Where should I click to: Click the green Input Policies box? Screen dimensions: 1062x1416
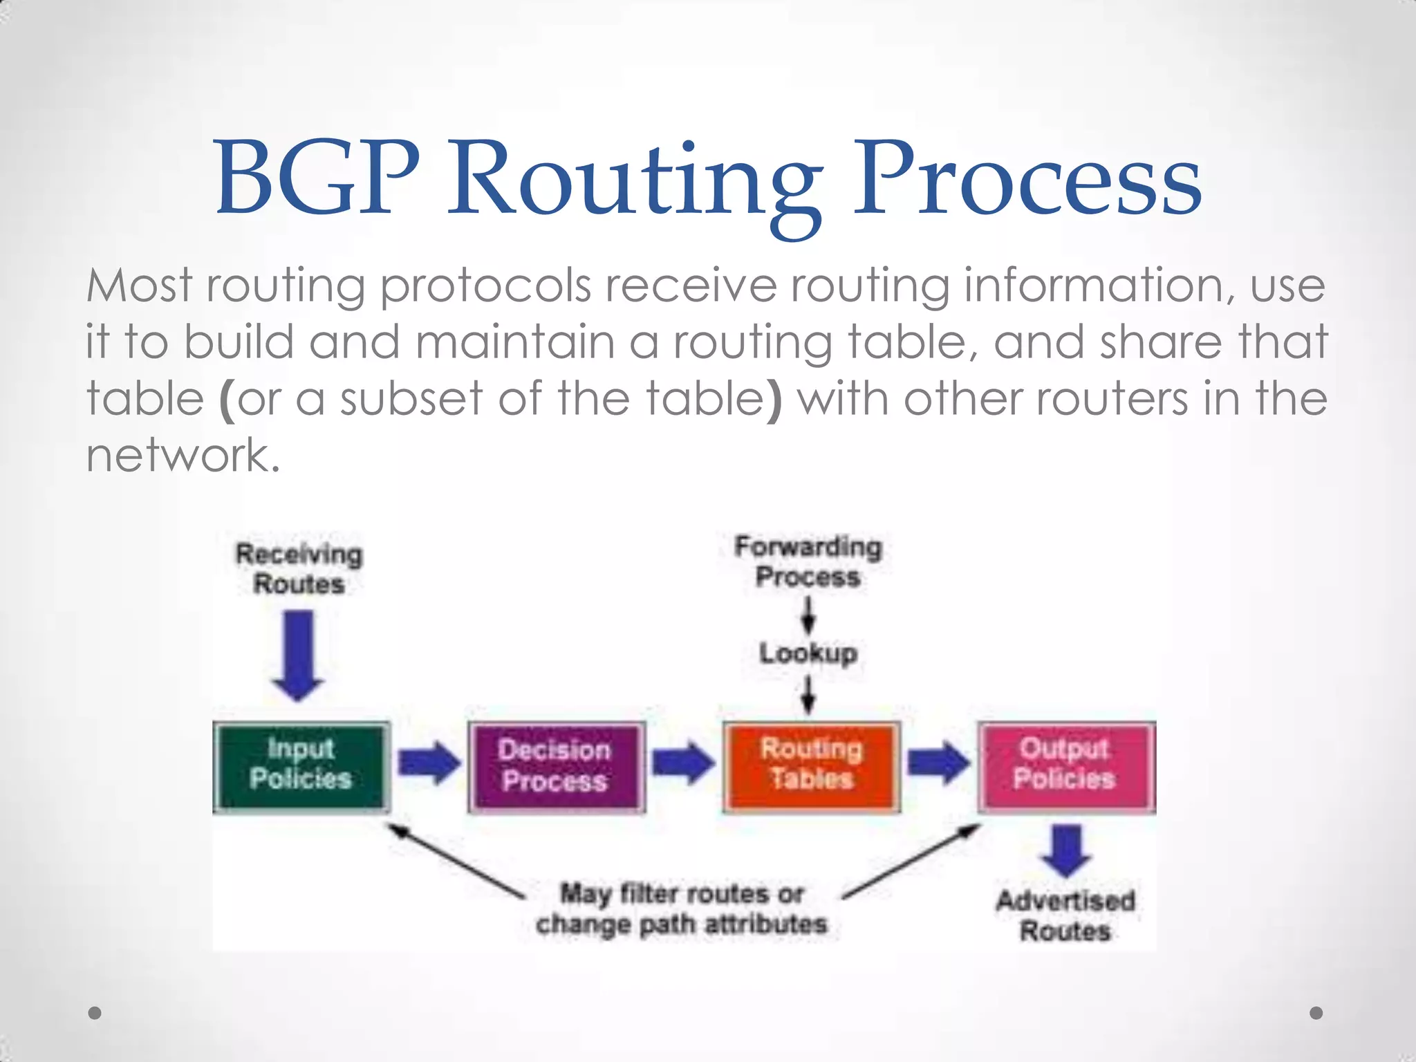pyautogui.click(x=301, y=766)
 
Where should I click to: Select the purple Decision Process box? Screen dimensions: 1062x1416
pyautogui.click(x=556, y=766)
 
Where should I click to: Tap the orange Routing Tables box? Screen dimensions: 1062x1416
pyautogui.click(x=811, y=766)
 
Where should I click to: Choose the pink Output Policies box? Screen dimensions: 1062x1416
pyautogui.click(x=1065, y=766)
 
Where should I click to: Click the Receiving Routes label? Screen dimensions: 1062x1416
pyautogui.click(x=299, y=569)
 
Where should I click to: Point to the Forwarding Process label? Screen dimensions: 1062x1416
pyautogui.click(x=808, y=561)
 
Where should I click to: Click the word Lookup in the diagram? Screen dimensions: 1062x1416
pyautogui.click(x=808, y=653)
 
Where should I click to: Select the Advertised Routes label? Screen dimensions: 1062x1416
pyautogui.click(x=1065, y=915)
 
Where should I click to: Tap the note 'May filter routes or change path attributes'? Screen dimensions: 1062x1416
pyautogui.click(x=682, y=909)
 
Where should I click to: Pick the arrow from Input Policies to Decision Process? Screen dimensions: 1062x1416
pyautogui.click(x=429, y=763)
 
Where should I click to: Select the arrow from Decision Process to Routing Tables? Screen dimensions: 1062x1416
pyautogui.click(x=684, y=763)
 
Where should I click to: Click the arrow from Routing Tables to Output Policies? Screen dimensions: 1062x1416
pyautogui.click(x=938, y=763)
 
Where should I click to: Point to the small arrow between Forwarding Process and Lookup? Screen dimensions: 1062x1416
pyautogui.click(x=808, y=615)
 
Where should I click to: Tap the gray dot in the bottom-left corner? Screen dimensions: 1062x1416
pyautogui.click(x=95, y=1013)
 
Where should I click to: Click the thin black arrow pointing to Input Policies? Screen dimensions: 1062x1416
pyautogui.click(x=457, y=861)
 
